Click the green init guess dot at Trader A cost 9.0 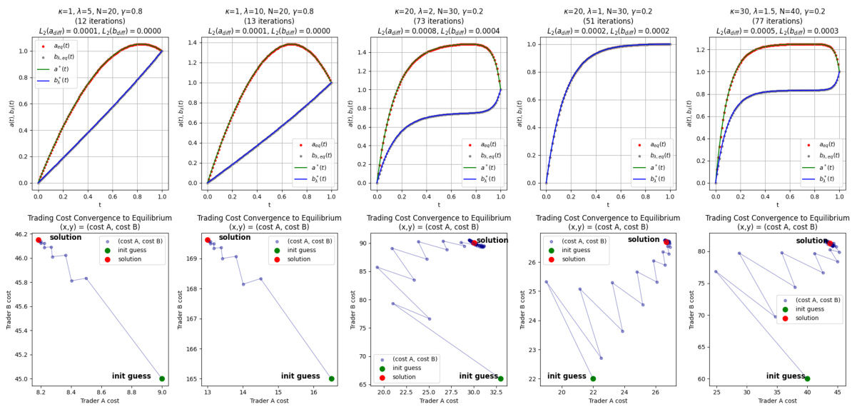point(162,378)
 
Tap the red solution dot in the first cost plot point(39,241)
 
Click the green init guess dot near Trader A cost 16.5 point(331,378)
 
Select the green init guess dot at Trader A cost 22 point(593,378)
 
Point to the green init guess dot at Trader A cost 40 point(808,378)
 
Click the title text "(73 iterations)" point(438,22)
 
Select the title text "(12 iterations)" point(100,22)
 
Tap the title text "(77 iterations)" point(776,22)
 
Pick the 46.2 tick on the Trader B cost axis point(21,234)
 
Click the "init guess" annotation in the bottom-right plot point(785,376)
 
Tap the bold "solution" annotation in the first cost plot point(66,237)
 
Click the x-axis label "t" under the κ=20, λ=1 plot point(608,205)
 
